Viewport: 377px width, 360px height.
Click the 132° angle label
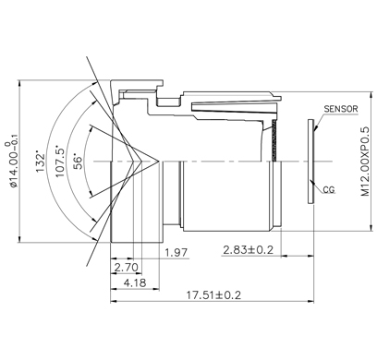click(x=41, y=161)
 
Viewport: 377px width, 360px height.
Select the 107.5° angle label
click(x=60, y=161)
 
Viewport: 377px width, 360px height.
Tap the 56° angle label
click(x=79, y=162)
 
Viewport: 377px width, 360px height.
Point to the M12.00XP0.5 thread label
click(x=365, y=161)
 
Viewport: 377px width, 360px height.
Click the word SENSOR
click(x=341, y=109)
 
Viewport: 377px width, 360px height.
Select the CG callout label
click(x=329, y=190)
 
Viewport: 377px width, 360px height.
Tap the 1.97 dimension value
click(x=176, y=253)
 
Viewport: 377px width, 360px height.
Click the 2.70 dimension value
click(x=127, y=268)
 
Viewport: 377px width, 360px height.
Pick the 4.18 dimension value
click(x=135, y=282)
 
